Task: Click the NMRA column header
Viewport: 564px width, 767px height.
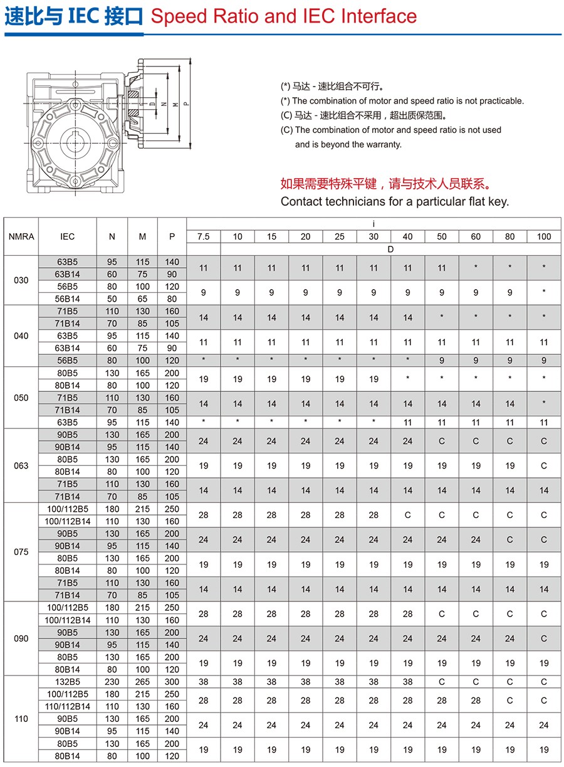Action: tap(21, 236)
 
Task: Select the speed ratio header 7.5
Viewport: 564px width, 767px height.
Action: tap(203, 236)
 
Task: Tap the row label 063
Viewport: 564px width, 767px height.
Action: tap(21, 466)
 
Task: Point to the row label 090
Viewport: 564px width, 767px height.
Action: tap(21, 638)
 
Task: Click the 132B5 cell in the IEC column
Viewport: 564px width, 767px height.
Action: tap(68, 682)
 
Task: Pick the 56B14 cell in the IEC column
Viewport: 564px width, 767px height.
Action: tap(68, 299)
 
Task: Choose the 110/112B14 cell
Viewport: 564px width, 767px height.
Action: tap(68, 706)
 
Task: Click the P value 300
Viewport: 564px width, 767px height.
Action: tap(172, 682)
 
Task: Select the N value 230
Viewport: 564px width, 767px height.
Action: tap(112, 682)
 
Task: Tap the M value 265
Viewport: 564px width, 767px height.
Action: tap(142, 682)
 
